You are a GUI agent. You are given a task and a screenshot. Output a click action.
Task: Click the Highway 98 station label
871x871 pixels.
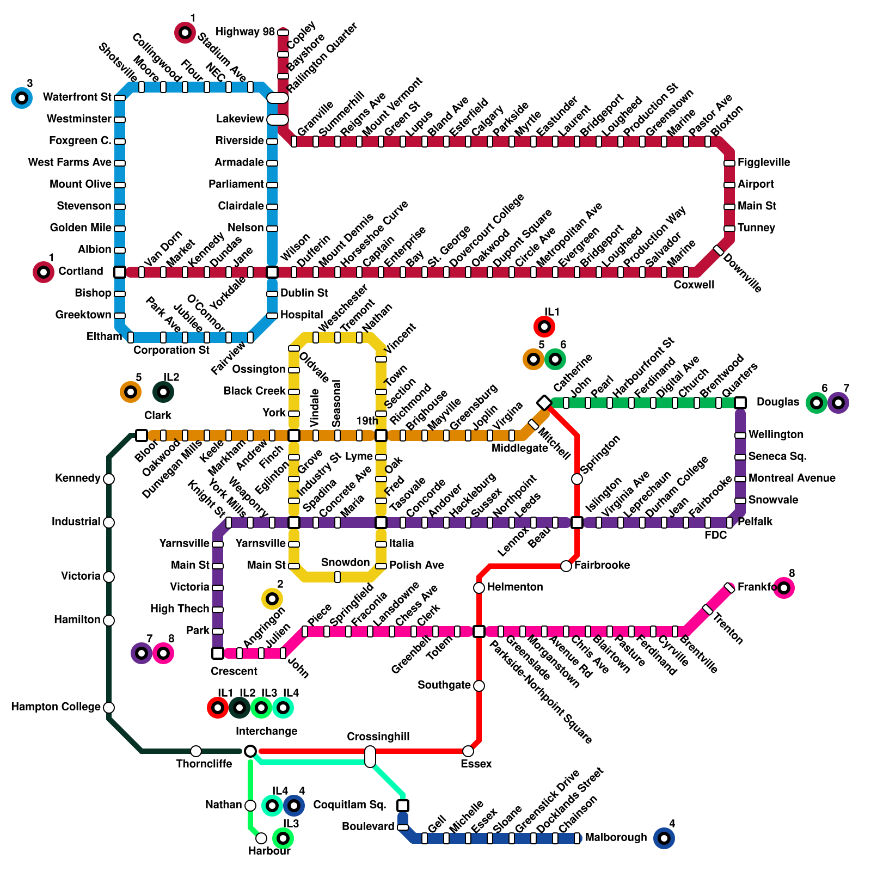(x=245, y=32)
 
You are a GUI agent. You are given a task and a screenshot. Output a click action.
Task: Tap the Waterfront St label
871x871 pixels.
(x=77, y=97)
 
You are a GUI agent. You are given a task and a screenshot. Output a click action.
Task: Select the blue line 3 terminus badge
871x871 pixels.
(x=22, y=98)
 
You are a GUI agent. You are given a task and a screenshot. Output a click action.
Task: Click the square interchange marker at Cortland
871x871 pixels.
(x=120, y=272)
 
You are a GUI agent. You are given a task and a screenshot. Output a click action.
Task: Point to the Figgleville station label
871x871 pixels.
(x=764, y=163)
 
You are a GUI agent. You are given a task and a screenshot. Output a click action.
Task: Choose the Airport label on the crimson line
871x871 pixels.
(x=756, y=185)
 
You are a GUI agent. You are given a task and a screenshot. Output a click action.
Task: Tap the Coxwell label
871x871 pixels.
(x=694, y=285)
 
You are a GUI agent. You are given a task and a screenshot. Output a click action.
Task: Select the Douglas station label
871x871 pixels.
(x=777, y=402)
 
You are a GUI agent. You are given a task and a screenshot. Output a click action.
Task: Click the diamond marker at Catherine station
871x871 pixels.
(x=544, y=402)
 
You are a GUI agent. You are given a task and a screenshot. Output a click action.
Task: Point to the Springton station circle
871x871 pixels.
(x=577, y=479)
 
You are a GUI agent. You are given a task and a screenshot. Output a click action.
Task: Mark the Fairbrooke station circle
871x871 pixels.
(x=566, y=566)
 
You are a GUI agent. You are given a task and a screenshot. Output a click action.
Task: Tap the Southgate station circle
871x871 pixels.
(x=479, y=685)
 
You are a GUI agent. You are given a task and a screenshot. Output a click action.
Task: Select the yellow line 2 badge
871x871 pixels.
(x=272, y=599)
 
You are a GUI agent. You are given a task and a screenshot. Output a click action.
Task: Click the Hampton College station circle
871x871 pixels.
(x=109, y=707)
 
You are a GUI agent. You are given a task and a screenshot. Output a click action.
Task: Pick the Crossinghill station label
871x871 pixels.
(x=378, y=737)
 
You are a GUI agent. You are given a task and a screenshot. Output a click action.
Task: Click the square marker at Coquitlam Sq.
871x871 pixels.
(x=403, y=805)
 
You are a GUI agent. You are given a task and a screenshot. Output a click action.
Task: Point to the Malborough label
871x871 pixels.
(x=616, y=838)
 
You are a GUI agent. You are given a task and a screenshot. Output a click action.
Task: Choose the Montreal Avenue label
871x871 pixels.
(x=792, y=479)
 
